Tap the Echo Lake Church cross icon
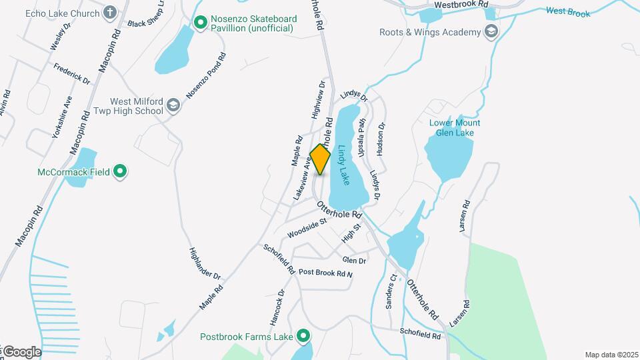[x=110, y=13]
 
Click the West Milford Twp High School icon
[x=173, y=105]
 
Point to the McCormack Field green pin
[x=120, y=172]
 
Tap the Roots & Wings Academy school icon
[x=491, y=32]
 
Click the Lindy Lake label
[x=344, y=165]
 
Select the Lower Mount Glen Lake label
[x=455, y=128]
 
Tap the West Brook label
[x=568, y=11]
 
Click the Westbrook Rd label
[x=457, y=5]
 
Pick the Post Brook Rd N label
[x=325, y=273]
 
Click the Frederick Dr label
[x=72, y=74]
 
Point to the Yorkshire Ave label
[x=62, y=117]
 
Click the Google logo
[x=21, y=351]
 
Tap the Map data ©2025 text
[x=611, y=355]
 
